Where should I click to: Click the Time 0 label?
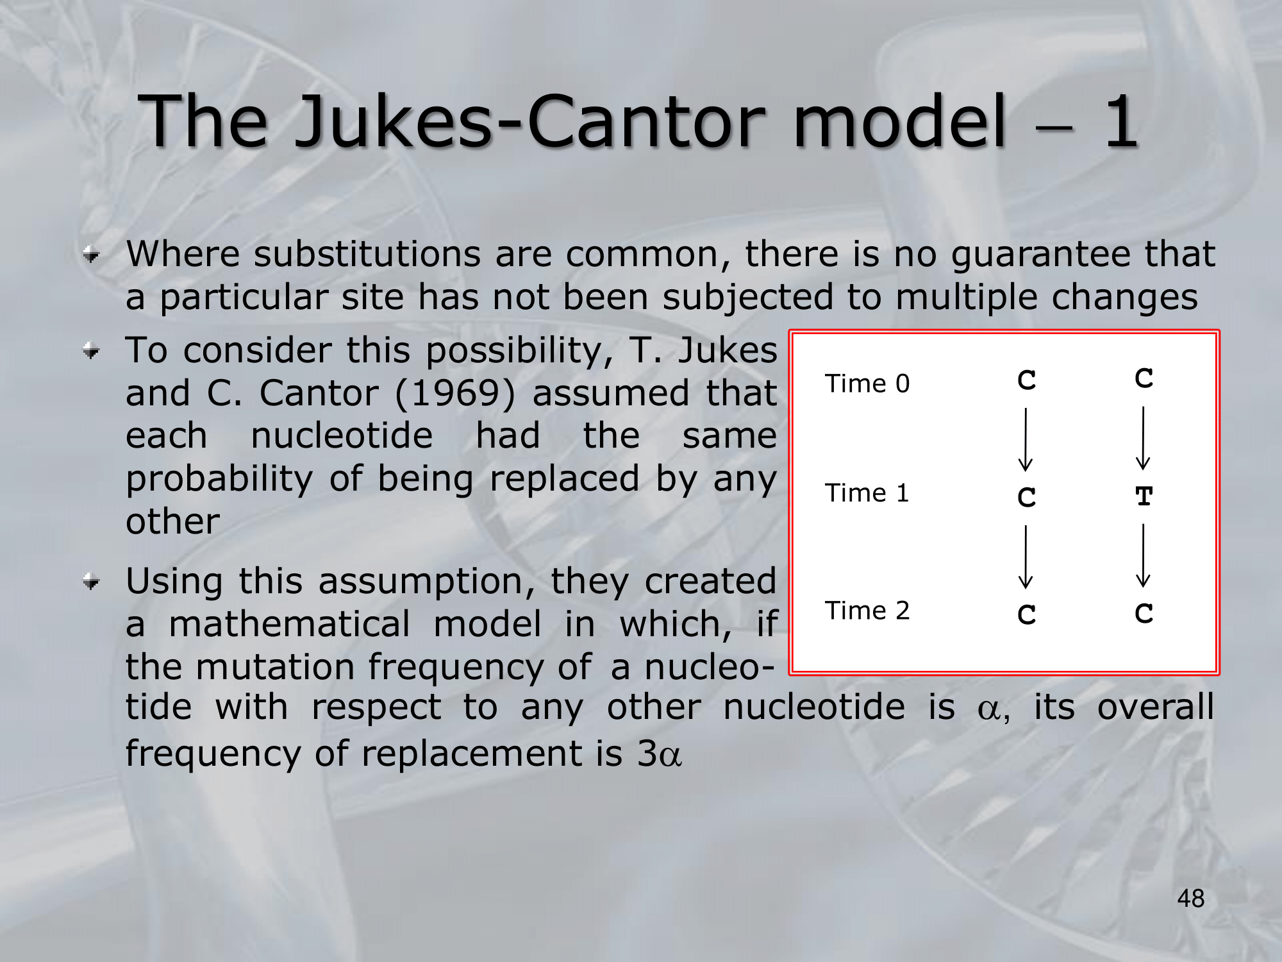point(867,384)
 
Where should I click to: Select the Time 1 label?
point(867,493)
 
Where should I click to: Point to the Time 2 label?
point(867,611)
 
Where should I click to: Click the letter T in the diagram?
point(1144,496)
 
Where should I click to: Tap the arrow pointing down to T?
point(1143,439)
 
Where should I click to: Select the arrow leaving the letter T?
point(1143,556)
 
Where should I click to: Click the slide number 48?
point(1190,899)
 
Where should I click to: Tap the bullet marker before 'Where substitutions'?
point(92,255)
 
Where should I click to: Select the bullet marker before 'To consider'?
point(92,351)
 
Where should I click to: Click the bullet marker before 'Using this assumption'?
point(92,582)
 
